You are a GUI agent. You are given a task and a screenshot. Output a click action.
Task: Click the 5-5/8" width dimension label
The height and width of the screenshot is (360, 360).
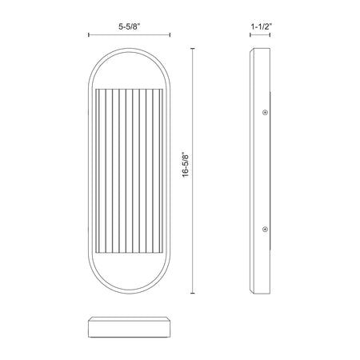coord(130,26)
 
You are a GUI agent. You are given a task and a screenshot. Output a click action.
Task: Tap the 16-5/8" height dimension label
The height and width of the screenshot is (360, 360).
coord(186,165)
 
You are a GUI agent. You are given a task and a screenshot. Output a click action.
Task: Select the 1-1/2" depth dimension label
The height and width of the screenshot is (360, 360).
coord(262,26)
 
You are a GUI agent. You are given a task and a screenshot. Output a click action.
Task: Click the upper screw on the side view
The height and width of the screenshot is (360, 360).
coord(265,113)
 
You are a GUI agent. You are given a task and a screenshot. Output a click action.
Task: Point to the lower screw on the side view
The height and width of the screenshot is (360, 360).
coord(265,229)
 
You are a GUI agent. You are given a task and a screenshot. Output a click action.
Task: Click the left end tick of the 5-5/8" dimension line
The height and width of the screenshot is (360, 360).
coord(89,34)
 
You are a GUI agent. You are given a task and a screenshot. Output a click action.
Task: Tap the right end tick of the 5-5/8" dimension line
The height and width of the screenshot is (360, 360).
coord(170,34)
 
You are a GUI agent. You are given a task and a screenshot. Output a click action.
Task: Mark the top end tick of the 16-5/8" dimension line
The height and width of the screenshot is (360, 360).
coord(193,49)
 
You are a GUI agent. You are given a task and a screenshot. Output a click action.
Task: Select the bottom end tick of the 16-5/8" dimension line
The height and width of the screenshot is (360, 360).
coord(193,294)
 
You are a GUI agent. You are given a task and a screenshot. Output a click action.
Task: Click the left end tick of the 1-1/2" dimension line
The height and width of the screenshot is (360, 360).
coord(250,34)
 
